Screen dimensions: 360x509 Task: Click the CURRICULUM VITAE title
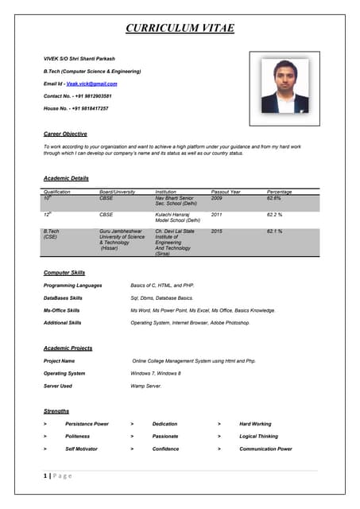[180, 29]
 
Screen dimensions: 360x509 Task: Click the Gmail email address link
[91, 84]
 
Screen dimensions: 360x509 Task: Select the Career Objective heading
[65, 134]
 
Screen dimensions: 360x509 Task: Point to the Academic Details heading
[66, 178]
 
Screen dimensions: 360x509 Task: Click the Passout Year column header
[226, 192]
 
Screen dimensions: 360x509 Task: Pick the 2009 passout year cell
[217, 198]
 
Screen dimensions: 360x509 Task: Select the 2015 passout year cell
[217, 231]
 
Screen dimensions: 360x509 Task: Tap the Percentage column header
[279, 192]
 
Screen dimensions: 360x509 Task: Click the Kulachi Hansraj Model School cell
[176, 217]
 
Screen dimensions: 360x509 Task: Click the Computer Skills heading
[64, 273]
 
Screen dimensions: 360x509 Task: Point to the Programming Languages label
[72, 285]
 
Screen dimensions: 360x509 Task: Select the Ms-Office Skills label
[61, 310]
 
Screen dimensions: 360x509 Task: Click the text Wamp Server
[146, 386]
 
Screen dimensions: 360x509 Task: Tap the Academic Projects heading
[68, 348]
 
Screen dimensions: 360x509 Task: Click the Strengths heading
[56, 411]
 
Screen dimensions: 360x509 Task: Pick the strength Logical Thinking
[258, 437]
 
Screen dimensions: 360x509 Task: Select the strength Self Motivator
[81, 449]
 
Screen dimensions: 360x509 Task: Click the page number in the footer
[45, 476]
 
